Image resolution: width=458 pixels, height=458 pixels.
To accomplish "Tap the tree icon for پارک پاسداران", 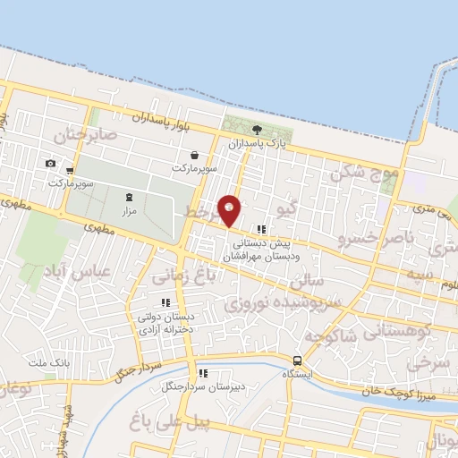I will pos(258,130).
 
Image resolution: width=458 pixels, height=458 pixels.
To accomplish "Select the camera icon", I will pos(50,163).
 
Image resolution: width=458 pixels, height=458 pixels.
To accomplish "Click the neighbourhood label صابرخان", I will pos(86,137).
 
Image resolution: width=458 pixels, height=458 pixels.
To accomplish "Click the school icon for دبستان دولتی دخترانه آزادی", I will pos(165,301).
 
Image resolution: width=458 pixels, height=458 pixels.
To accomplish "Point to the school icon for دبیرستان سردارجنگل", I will pos(203,373).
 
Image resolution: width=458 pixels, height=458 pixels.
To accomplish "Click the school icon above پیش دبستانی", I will pos(262,228).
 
